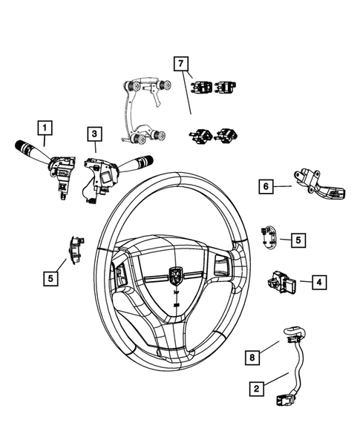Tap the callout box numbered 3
(x=94, y=134)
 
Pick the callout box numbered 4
(x=317, y=282)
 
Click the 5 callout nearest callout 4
(x=296, y=240)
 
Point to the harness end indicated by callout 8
(x=292, y=331)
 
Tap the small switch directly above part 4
(x=268, y=236)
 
